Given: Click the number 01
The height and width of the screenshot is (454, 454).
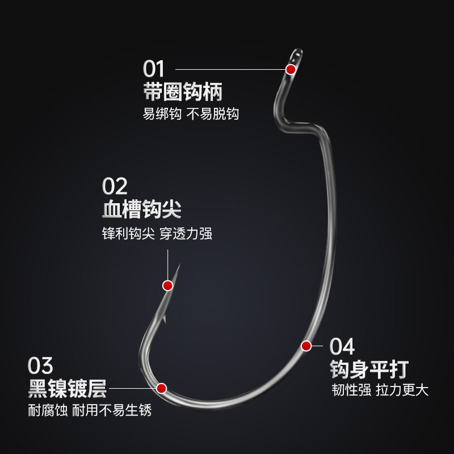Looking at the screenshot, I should pyautogui.click(x=153, y=70).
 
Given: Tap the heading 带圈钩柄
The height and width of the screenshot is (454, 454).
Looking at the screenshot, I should pyautogui.click(x=182, y=91).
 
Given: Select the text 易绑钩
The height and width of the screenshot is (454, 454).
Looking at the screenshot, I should pyautogui.click(x=162, y=113).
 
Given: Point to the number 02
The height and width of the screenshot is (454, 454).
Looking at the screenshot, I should pyautogui.click(x=115, y=186).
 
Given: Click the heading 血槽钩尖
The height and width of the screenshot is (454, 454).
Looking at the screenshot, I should pyautogui.click(x=142, y=209).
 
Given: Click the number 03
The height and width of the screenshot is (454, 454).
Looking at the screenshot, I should pyautogui.click(x=40, y=364).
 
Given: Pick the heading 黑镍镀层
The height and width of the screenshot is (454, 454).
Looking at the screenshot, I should pyautogui.click(x=67, y=388).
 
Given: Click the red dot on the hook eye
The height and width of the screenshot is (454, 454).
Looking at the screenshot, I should pyautogui.click(x=291, y=70).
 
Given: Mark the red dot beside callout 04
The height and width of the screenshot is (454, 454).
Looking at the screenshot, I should pyautogui.click(x=306, y=345).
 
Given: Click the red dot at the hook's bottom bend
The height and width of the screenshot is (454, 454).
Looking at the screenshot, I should pyautogui.click(x=161, y=388).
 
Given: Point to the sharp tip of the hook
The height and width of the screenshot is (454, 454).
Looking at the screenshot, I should pyautogui.click(x=179, y=264).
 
